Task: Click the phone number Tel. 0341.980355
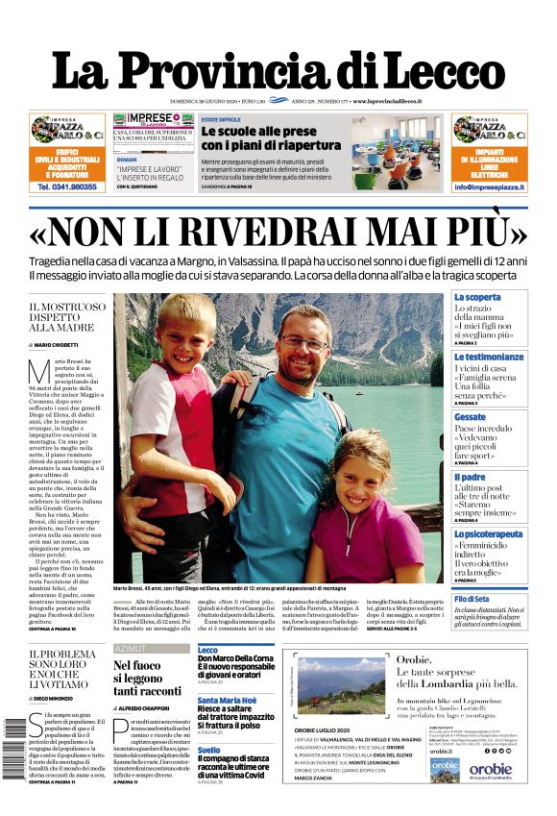67,187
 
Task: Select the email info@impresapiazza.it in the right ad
489,187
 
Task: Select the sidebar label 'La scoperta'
477,298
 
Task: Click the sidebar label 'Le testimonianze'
489,357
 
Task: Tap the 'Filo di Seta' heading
472,599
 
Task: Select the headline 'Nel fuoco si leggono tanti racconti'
147,678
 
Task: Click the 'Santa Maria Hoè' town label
227,701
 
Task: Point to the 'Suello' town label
208,750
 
